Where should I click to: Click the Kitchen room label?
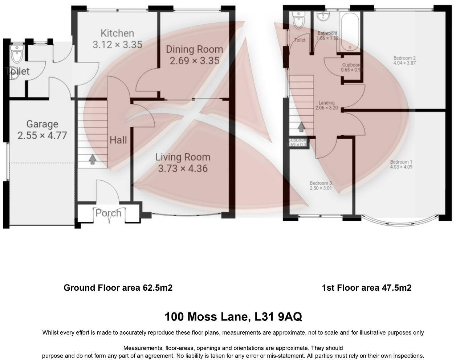[117, 33]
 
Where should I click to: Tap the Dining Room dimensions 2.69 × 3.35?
[195, 61]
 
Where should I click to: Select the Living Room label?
[183, 157]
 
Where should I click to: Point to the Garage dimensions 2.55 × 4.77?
[42, 136]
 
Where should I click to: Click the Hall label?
[118, 140]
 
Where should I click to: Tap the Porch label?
[108, 213]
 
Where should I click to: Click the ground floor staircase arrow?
[93, 159]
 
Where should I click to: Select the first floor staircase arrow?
[301, 127]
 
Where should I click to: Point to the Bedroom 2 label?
[404, 58]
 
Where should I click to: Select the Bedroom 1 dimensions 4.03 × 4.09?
[401, 167]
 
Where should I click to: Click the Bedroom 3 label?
[321, 183]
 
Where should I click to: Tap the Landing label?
[326, 103]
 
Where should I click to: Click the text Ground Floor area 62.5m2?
[118, 288]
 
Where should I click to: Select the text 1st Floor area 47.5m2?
[367, 288]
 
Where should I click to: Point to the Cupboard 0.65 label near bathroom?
[352, 65]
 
